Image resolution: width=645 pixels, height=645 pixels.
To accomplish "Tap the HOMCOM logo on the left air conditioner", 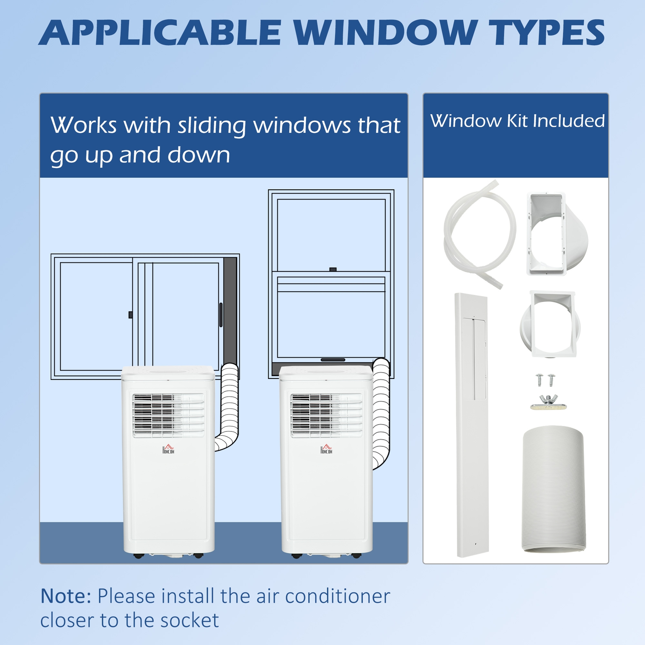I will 168,449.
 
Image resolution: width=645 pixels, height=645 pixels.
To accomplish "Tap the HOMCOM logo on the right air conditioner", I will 326,449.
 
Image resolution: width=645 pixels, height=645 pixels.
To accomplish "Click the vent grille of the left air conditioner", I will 168,415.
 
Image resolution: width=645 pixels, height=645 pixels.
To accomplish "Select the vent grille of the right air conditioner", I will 326,415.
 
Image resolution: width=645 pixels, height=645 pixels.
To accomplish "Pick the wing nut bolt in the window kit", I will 548,402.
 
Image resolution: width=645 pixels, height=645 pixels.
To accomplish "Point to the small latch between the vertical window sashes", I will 333,269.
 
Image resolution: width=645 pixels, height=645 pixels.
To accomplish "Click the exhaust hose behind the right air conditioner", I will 382,413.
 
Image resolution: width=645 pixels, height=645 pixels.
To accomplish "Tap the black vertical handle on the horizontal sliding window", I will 221,315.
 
